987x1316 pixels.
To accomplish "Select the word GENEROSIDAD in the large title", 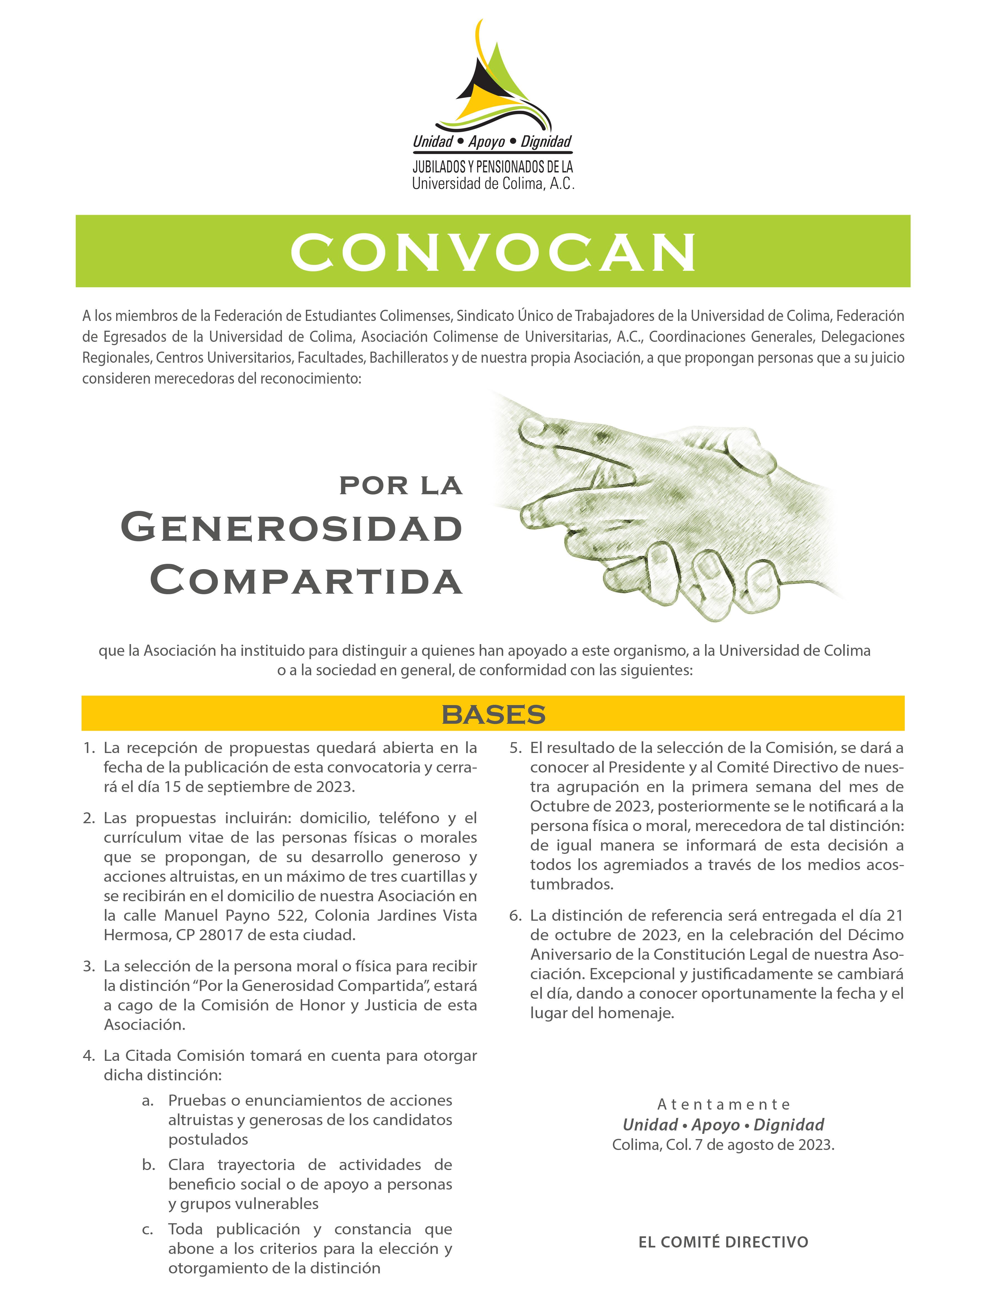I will [x=291, y=528].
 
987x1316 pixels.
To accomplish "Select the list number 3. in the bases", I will [x=89, y=966].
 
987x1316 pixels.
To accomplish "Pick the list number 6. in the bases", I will [x=515, y=916].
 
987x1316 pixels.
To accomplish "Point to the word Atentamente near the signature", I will [x=723, y=1104].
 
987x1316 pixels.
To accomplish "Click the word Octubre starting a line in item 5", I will [x=557, y=806].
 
